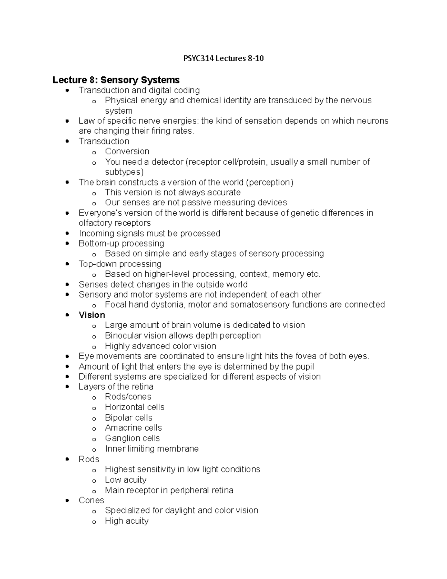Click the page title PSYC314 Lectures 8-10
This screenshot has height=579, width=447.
(223, 59)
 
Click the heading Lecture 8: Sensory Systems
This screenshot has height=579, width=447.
(116, 80)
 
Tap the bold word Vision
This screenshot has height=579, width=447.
(92, 315)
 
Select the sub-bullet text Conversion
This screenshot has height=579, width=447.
(127, 151)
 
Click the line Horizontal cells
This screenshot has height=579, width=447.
(134, 407)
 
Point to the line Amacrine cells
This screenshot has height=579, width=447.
(133, 428)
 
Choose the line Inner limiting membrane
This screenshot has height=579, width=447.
(152, 449)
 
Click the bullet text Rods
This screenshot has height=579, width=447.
(89, 459)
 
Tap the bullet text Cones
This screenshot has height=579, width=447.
(91, 500)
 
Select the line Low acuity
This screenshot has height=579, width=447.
(126, 479)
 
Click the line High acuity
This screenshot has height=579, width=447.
(127, 521)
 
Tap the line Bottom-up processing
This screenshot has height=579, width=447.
(121, 243)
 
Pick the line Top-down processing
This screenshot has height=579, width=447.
(120, 264)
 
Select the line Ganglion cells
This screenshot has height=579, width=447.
(132, 438)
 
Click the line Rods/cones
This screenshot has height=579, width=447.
(128, 397)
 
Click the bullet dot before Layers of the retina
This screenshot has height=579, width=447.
(67, 387)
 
